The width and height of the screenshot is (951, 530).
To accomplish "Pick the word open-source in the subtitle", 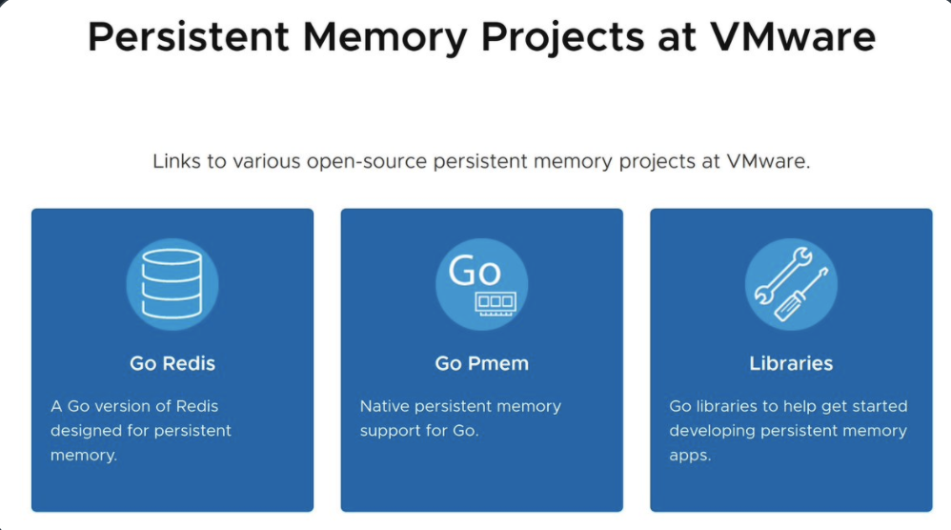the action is click(x=367, y=161).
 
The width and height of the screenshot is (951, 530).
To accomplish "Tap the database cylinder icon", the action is click(x=172, y=284).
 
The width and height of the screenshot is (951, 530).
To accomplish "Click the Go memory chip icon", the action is click(x=481, y=284).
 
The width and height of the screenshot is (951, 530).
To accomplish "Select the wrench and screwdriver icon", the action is click(x=791, y=284).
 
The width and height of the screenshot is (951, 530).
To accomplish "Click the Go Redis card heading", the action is click(x=172, y=363).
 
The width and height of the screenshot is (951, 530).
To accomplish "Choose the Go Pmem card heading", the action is click(x=481, y=363).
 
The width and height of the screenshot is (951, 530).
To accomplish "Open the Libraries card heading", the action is click(x=791, y=363).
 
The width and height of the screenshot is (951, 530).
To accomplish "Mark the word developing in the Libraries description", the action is click(x=710, y=431).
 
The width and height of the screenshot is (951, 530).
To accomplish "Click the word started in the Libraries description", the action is click(x=850, y=406).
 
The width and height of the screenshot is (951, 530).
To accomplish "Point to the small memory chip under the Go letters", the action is click(x=495, y=301).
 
